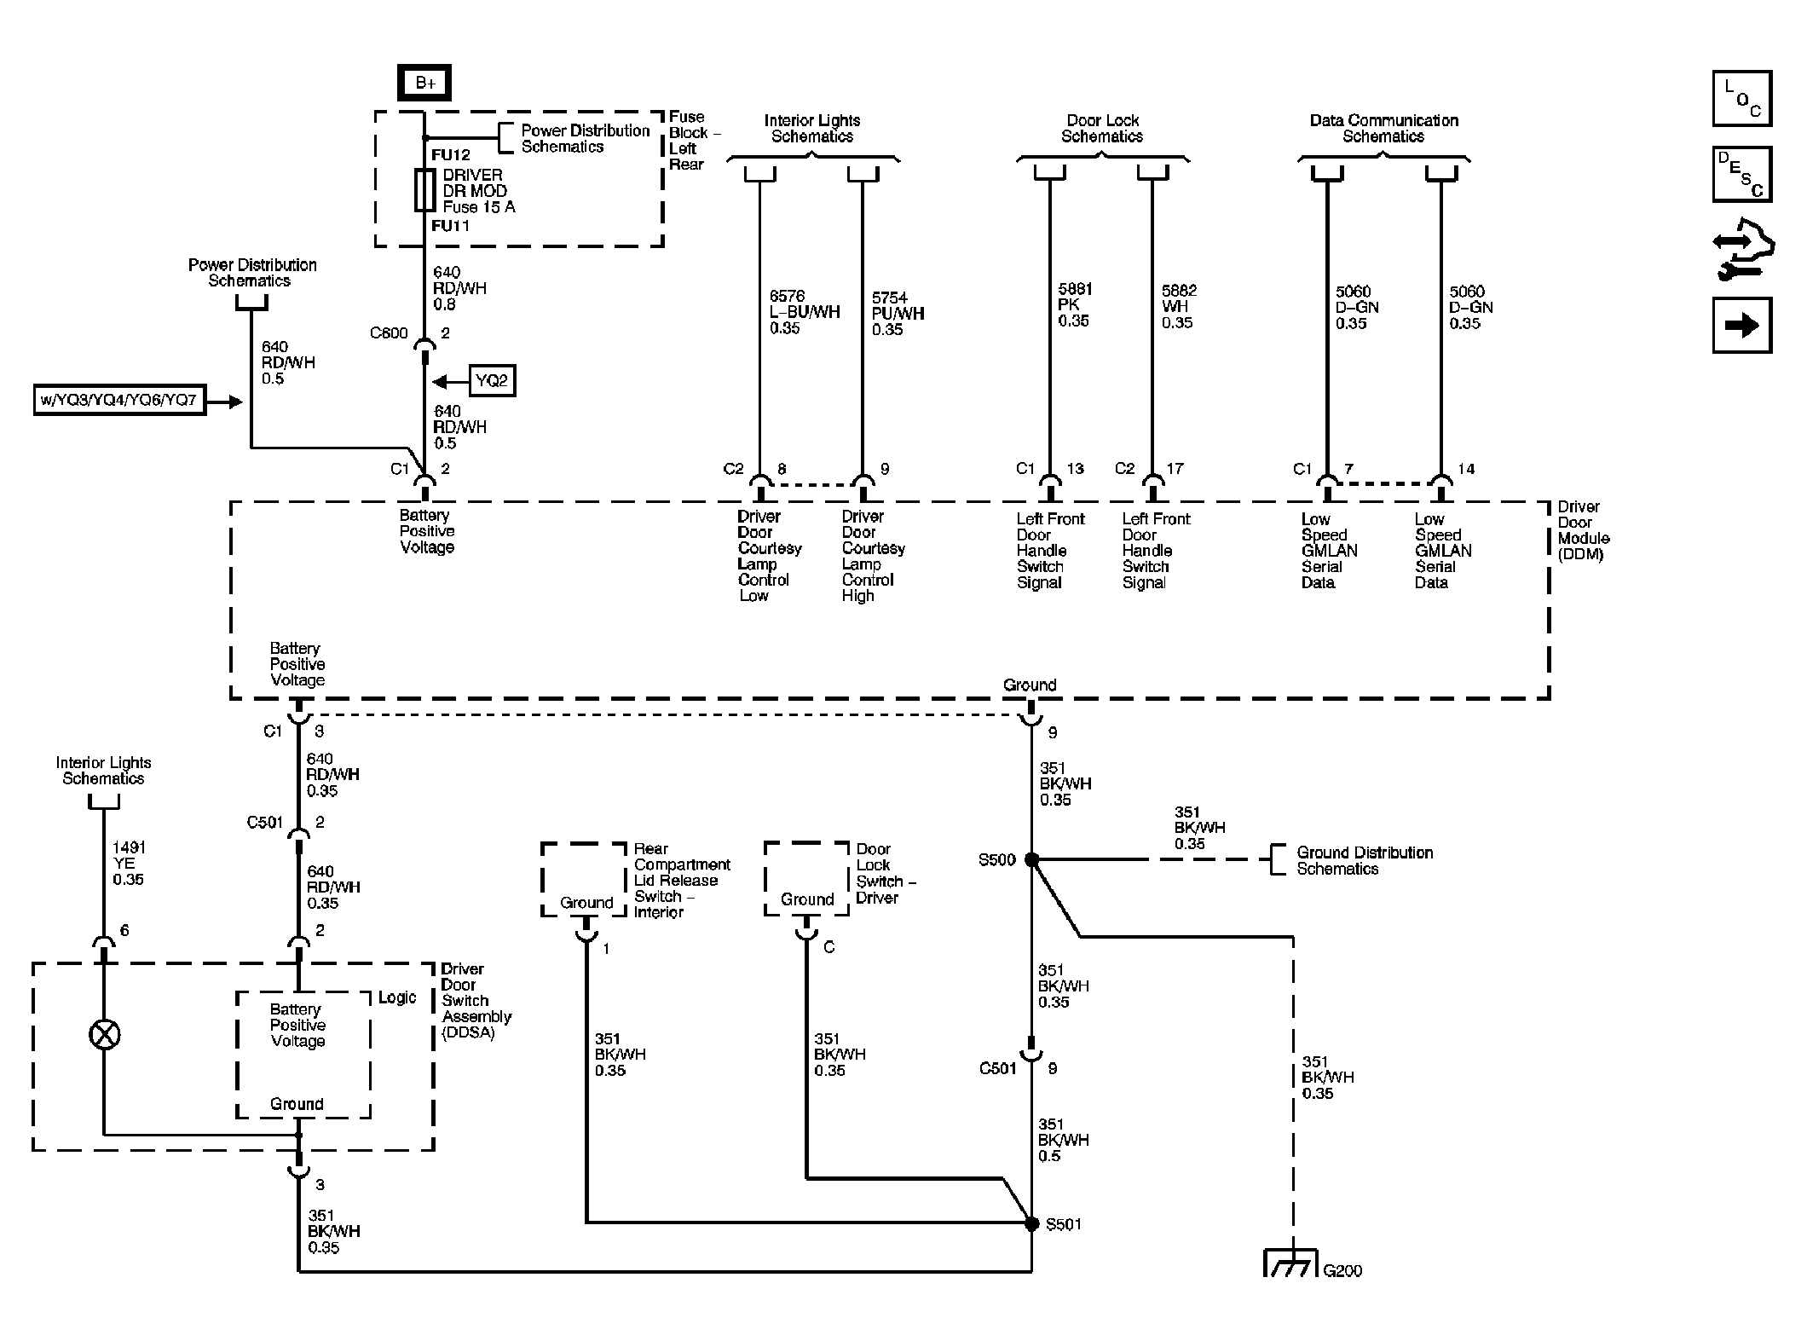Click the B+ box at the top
click(x=424, y=83)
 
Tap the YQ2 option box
click(x=492, y=380)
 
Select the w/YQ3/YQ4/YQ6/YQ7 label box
click(x=120, y=400)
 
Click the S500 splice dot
click(x=1031, y=859)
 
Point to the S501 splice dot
click(x=1031, y=1223)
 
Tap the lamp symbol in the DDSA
click(x=104, y=1035)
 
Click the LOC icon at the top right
click(x=1741, y=99)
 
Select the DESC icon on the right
click(x=1741, y=175)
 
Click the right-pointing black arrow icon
click(x=1741, y=325)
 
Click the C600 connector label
click(x=389, y=333)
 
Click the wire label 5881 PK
click(x=1075, y=305)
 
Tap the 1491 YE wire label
click(x=129, y=863)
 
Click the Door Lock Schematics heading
click(x=1102, y=129)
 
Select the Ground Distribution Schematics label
click(x=1364, y=860)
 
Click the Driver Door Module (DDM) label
click(x=1583, y=530)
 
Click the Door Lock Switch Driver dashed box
click(x=806, y=879)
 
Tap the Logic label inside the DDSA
click(x=397, y=997)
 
